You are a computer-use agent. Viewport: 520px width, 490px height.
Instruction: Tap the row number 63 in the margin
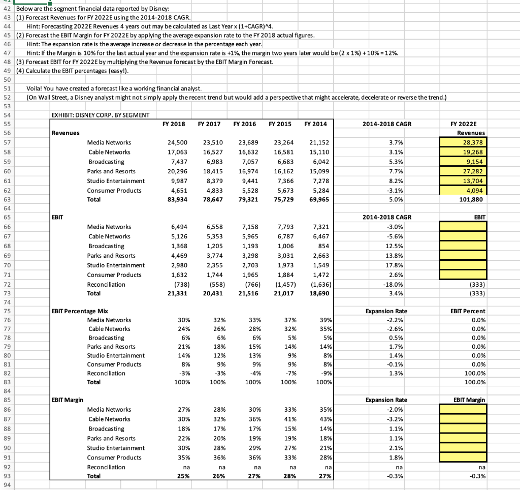[x=7, y=200]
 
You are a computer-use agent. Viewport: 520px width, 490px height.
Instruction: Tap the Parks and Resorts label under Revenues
[x=111, y=171]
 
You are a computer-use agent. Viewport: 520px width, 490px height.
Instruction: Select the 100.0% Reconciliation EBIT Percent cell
[x=475, y=373]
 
